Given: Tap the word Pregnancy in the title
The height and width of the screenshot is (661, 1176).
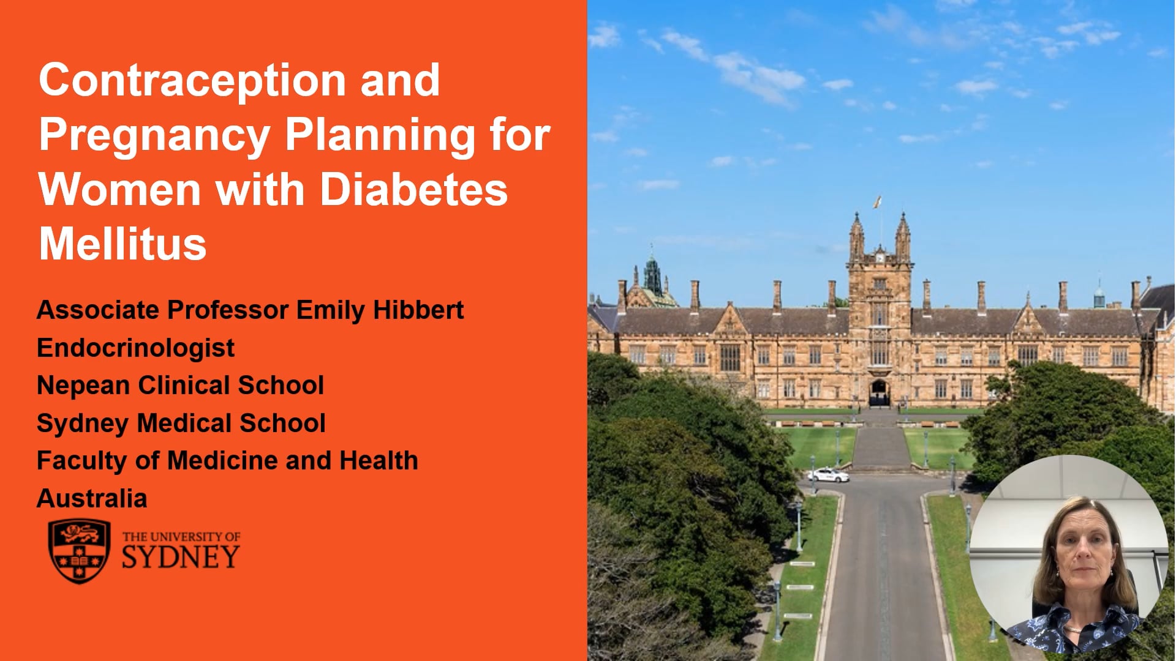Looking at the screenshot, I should (x=154, y=136).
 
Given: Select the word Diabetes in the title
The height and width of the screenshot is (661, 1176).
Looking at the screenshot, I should (x=413, y=190).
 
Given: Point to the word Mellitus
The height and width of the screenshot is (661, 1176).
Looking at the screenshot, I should (x=123, y=244).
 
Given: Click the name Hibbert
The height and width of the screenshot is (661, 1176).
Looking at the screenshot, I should (x=418, y=310).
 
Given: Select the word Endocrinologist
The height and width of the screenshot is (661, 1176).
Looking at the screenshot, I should (x=135, y=348).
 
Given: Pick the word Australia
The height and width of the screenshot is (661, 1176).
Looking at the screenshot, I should (x=92, y=499).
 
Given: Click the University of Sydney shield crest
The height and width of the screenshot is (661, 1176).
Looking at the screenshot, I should (x=79, y=551).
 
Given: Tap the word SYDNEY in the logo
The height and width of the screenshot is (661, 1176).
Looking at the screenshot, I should (x=180, y=556).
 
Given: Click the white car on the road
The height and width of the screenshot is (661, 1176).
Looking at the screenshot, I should (x=827, y=474).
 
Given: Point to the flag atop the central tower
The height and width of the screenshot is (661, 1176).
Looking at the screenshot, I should (x=878, y=202).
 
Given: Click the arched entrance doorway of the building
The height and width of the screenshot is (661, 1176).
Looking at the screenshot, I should (x=879, y=392).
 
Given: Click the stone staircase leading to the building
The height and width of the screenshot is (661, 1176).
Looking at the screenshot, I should (x=881, y=449).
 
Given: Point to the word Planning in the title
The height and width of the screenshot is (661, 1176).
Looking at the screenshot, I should (x=380, y=136).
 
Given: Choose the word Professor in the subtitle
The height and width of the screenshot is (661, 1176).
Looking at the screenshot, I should (x=228, y=310).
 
